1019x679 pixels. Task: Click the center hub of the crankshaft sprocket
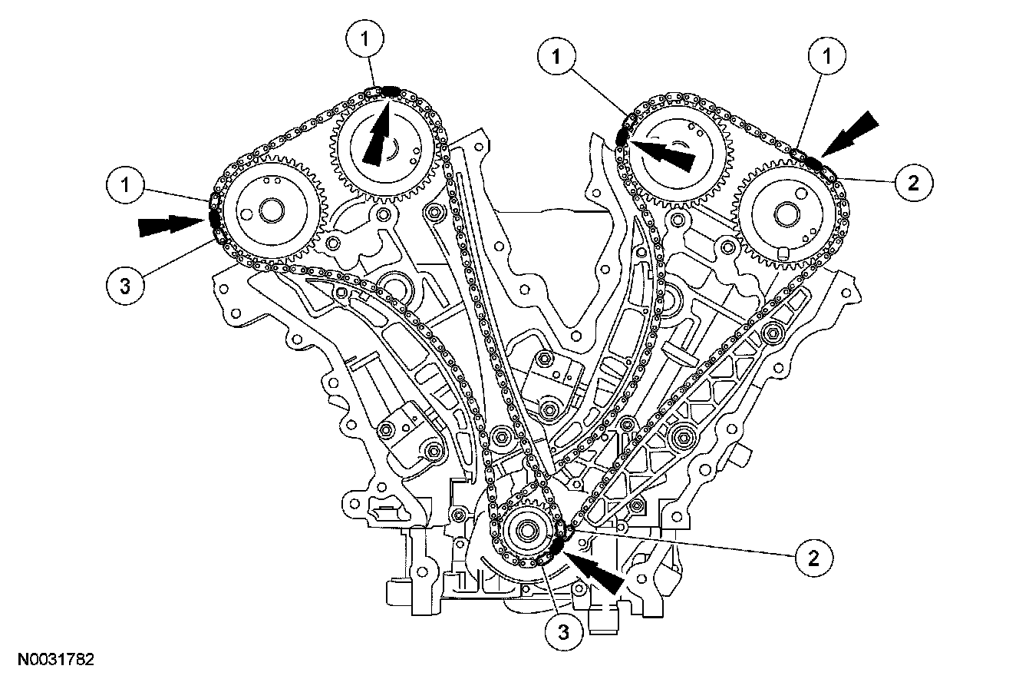(x=528, y=529)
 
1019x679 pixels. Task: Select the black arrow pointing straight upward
(x=377, y=135)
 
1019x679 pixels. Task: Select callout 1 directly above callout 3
(x=124, y=184)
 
